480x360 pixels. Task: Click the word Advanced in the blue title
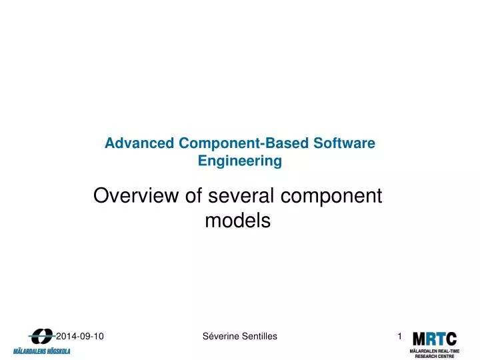click(139, 143)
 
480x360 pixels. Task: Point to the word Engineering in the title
click(240, 161)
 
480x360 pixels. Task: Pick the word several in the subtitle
click(231, 196)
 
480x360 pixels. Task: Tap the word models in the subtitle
click(237, 221)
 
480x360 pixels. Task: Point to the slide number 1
click(400, 337)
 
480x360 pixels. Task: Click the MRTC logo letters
click(434, 339)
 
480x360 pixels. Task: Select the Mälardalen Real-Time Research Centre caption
click(434, 353)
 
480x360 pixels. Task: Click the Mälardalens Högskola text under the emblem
click(41, 351)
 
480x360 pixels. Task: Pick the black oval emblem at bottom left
click(41, 337)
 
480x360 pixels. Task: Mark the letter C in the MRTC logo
click(451, 339)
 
